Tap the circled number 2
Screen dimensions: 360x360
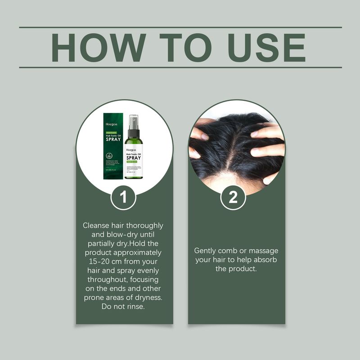pos(233,198)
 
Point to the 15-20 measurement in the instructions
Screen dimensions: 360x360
pos(96,261)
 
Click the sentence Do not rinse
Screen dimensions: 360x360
pos(124,306)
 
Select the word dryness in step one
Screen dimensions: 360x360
pos(147,297)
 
